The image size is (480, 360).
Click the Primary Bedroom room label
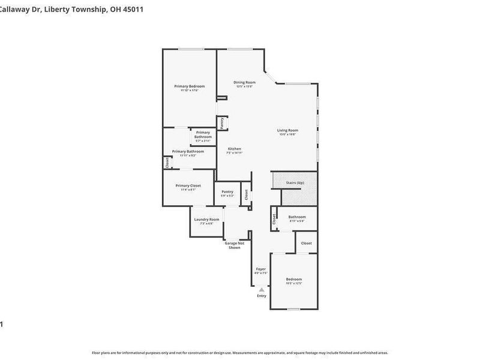click(189, 86)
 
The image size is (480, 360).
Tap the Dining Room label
click(244, 82)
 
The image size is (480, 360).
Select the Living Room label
click(287, 130)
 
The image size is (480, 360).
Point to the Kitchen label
click(234, 149)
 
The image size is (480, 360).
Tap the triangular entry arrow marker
click(262, 290)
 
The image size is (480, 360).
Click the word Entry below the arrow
click(262, 296)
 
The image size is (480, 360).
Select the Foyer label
click(260, 269)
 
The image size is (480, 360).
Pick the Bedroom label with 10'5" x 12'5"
click(293, 279)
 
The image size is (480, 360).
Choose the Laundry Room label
click(206, 219)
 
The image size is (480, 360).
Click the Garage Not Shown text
click(234, 245)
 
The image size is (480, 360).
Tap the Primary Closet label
click(188, 185)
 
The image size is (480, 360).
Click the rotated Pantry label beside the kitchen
click(221, 123)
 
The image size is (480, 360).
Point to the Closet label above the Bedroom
click(306, 243)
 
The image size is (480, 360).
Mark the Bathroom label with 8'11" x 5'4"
click(296, 217)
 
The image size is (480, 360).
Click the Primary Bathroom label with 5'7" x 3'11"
click(203, 134)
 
